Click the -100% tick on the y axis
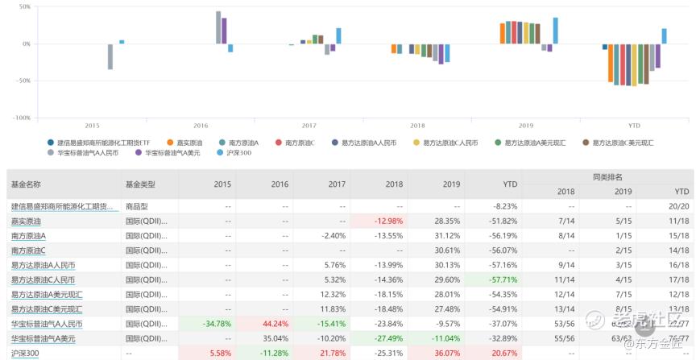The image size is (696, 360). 21,118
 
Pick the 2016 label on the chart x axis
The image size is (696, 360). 201,126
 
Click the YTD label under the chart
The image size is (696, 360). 635,126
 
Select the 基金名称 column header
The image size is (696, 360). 26,184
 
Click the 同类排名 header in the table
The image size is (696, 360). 623,176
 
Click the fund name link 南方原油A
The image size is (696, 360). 28,236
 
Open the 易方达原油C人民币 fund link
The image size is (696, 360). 43,279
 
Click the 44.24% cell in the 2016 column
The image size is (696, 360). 275,324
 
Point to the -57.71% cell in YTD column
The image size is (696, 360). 501,279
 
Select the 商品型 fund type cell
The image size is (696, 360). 137,206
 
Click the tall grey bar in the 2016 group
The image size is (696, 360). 218,27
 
